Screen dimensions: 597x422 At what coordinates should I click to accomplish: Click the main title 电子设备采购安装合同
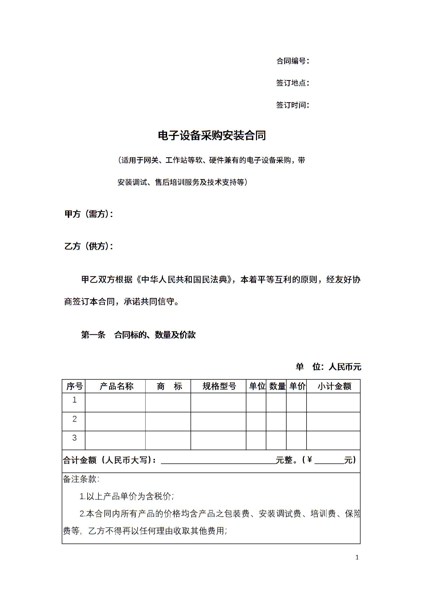[x=212, y=135]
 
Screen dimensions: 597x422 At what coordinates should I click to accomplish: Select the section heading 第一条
[x=93, y=335]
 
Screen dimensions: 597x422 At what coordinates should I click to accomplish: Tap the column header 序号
[x=74, y=386]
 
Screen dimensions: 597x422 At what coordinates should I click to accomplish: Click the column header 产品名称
[x=116, y=386]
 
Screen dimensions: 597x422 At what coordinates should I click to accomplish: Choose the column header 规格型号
[x=219, y=386]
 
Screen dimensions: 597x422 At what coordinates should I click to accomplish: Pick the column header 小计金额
[x=334, y=386]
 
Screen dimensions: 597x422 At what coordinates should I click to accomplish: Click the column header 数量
[x=277, y=386]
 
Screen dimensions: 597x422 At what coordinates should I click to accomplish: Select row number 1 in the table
[x=75, y=400]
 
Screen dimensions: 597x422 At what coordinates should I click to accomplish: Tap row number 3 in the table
[x=75, y=438]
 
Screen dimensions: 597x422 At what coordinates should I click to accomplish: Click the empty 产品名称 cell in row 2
[x=115, y=421]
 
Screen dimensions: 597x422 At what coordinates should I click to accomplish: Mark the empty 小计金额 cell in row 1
[x=333, y=403]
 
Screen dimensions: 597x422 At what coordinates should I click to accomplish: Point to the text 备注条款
[x=81, y=479]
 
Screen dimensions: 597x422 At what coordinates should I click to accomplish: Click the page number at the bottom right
[x=357, y=557]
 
